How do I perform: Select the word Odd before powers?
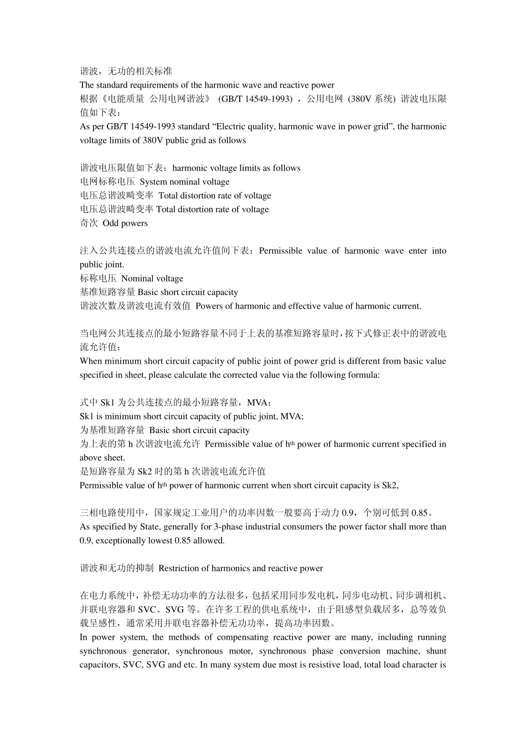pyautogui.click(x=111, y=223)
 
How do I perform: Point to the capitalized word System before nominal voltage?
pyautogui.click(x=153, y=182)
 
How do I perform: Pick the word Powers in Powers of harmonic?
pyautogui.click(x=208, y=306)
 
